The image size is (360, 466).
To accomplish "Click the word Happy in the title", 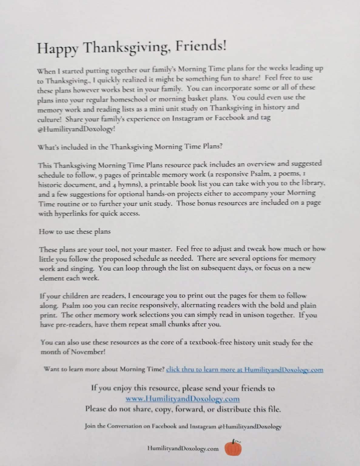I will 57,48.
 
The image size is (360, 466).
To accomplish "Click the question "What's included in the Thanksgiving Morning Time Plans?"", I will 130,147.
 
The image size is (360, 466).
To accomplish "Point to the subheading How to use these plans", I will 75,231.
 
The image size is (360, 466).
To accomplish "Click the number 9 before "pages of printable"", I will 101,175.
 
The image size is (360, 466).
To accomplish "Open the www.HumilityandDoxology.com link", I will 182,398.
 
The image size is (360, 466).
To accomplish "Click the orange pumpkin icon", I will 233,448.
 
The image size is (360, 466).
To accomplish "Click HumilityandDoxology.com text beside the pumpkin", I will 183,449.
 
